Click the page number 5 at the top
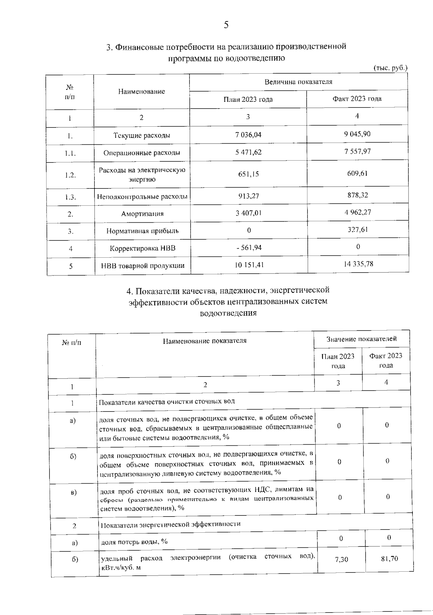[226, 25]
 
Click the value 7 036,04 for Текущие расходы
[248, 135]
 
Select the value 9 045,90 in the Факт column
[357, 134]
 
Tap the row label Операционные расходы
[141, 153]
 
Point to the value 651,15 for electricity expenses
[248, 174]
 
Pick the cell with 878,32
[357, 195]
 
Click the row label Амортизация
[142, 214]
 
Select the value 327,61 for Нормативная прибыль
[358, 230]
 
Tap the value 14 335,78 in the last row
[358, 264]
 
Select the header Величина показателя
[298, 82]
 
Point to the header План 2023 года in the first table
[248, 99]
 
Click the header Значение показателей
[362, 339]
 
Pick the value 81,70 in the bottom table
[389, 559]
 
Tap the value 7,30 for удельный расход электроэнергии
[341, 559]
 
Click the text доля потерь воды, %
[134, 541]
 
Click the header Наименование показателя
[205, 340]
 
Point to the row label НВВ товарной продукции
[143, 266]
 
